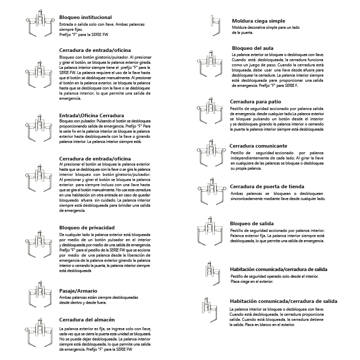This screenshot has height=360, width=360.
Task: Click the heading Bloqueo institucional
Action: [x=86, y=17]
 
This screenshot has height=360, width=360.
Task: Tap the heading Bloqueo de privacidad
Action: [x=86, y=227]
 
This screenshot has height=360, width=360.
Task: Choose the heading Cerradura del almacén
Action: [x=91, y=319]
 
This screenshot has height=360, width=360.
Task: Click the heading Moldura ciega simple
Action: [x=259, y=21]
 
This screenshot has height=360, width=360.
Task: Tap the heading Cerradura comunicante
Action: [x=258, y=146]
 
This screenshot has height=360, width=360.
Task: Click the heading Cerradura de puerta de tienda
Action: [x=274, y=186]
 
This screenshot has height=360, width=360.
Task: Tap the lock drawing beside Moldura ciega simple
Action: [x=212, y=22]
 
